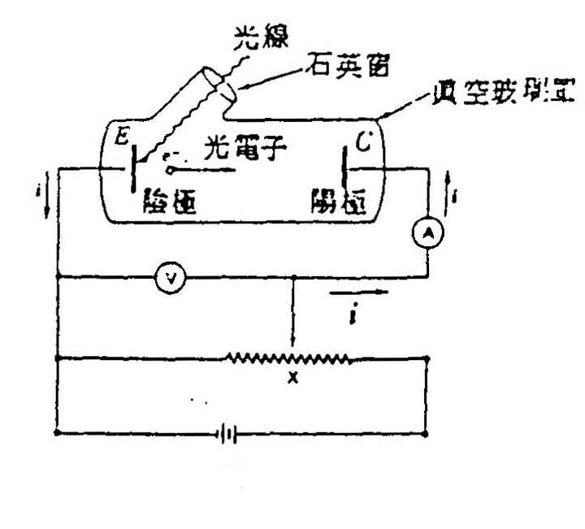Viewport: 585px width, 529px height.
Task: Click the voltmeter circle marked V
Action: click(171, 278)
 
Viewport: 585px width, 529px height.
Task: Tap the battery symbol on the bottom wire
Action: click(228, 435)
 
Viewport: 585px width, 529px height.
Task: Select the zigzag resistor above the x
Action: click(288, 358)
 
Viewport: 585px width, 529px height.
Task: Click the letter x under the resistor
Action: click(293, 377)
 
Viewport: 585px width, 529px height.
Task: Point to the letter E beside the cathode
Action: click(121, 138)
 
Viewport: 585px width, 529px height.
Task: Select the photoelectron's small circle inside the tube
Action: click(171, 170)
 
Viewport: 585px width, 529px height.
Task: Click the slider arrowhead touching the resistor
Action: click(293, 346)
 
